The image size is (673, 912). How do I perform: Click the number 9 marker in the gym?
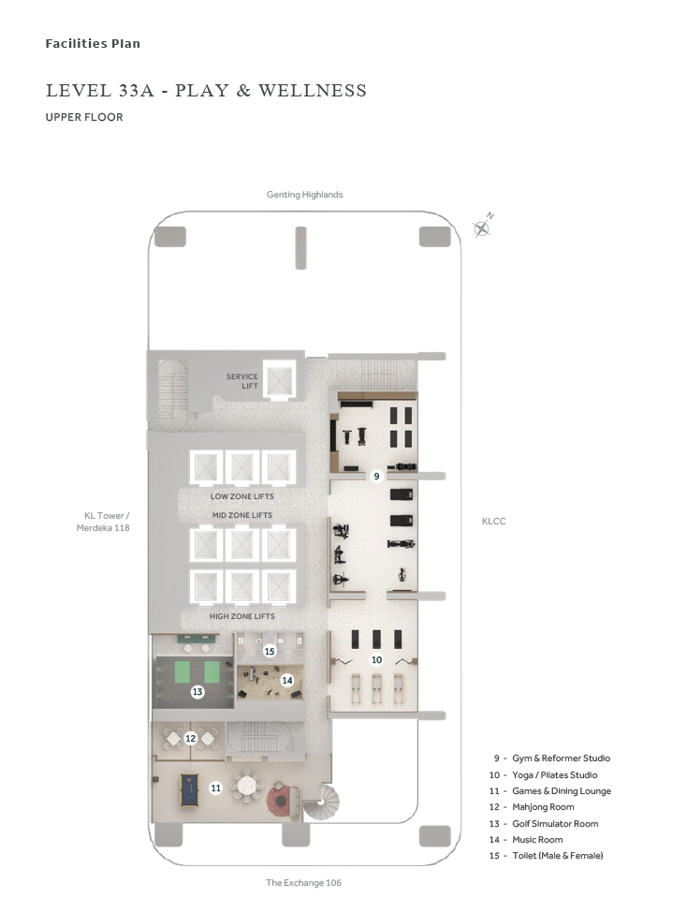(376, 477)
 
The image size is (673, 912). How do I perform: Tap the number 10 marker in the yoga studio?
(376, 659)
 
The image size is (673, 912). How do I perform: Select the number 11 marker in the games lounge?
(216, 788)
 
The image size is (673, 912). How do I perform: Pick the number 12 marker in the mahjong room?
(191, 738)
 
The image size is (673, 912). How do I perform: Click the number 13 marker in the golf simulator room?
(198, 692)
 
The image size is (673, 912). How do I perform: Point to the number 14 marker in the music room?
(286, 680)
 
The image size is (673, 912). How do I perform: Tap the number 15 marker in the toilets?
(270, 652)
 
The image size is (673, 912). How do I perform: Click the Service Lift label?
(242, 381)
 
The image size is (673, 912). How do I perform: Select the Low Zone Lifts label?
(242, 496)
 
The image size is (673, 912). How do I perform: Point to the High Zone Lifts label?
(242, 616)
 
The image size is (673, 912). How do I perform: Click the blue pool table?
(188, 789)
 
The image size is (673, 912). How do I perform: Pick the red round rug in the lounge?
(280, 801)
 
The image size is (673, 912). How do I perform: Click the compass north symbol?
(482, 228)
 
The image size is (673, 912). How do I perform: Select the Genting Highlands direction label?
(305, 195)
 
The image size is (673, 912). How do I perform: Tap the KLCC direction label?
(494, 522)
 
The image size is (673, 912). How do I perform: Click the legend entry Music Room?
(537, 839)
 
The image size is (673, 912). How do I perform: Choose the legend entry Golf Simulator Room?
(555, 824)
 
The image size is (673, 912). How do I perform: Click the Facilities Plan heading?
(93, 44)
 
